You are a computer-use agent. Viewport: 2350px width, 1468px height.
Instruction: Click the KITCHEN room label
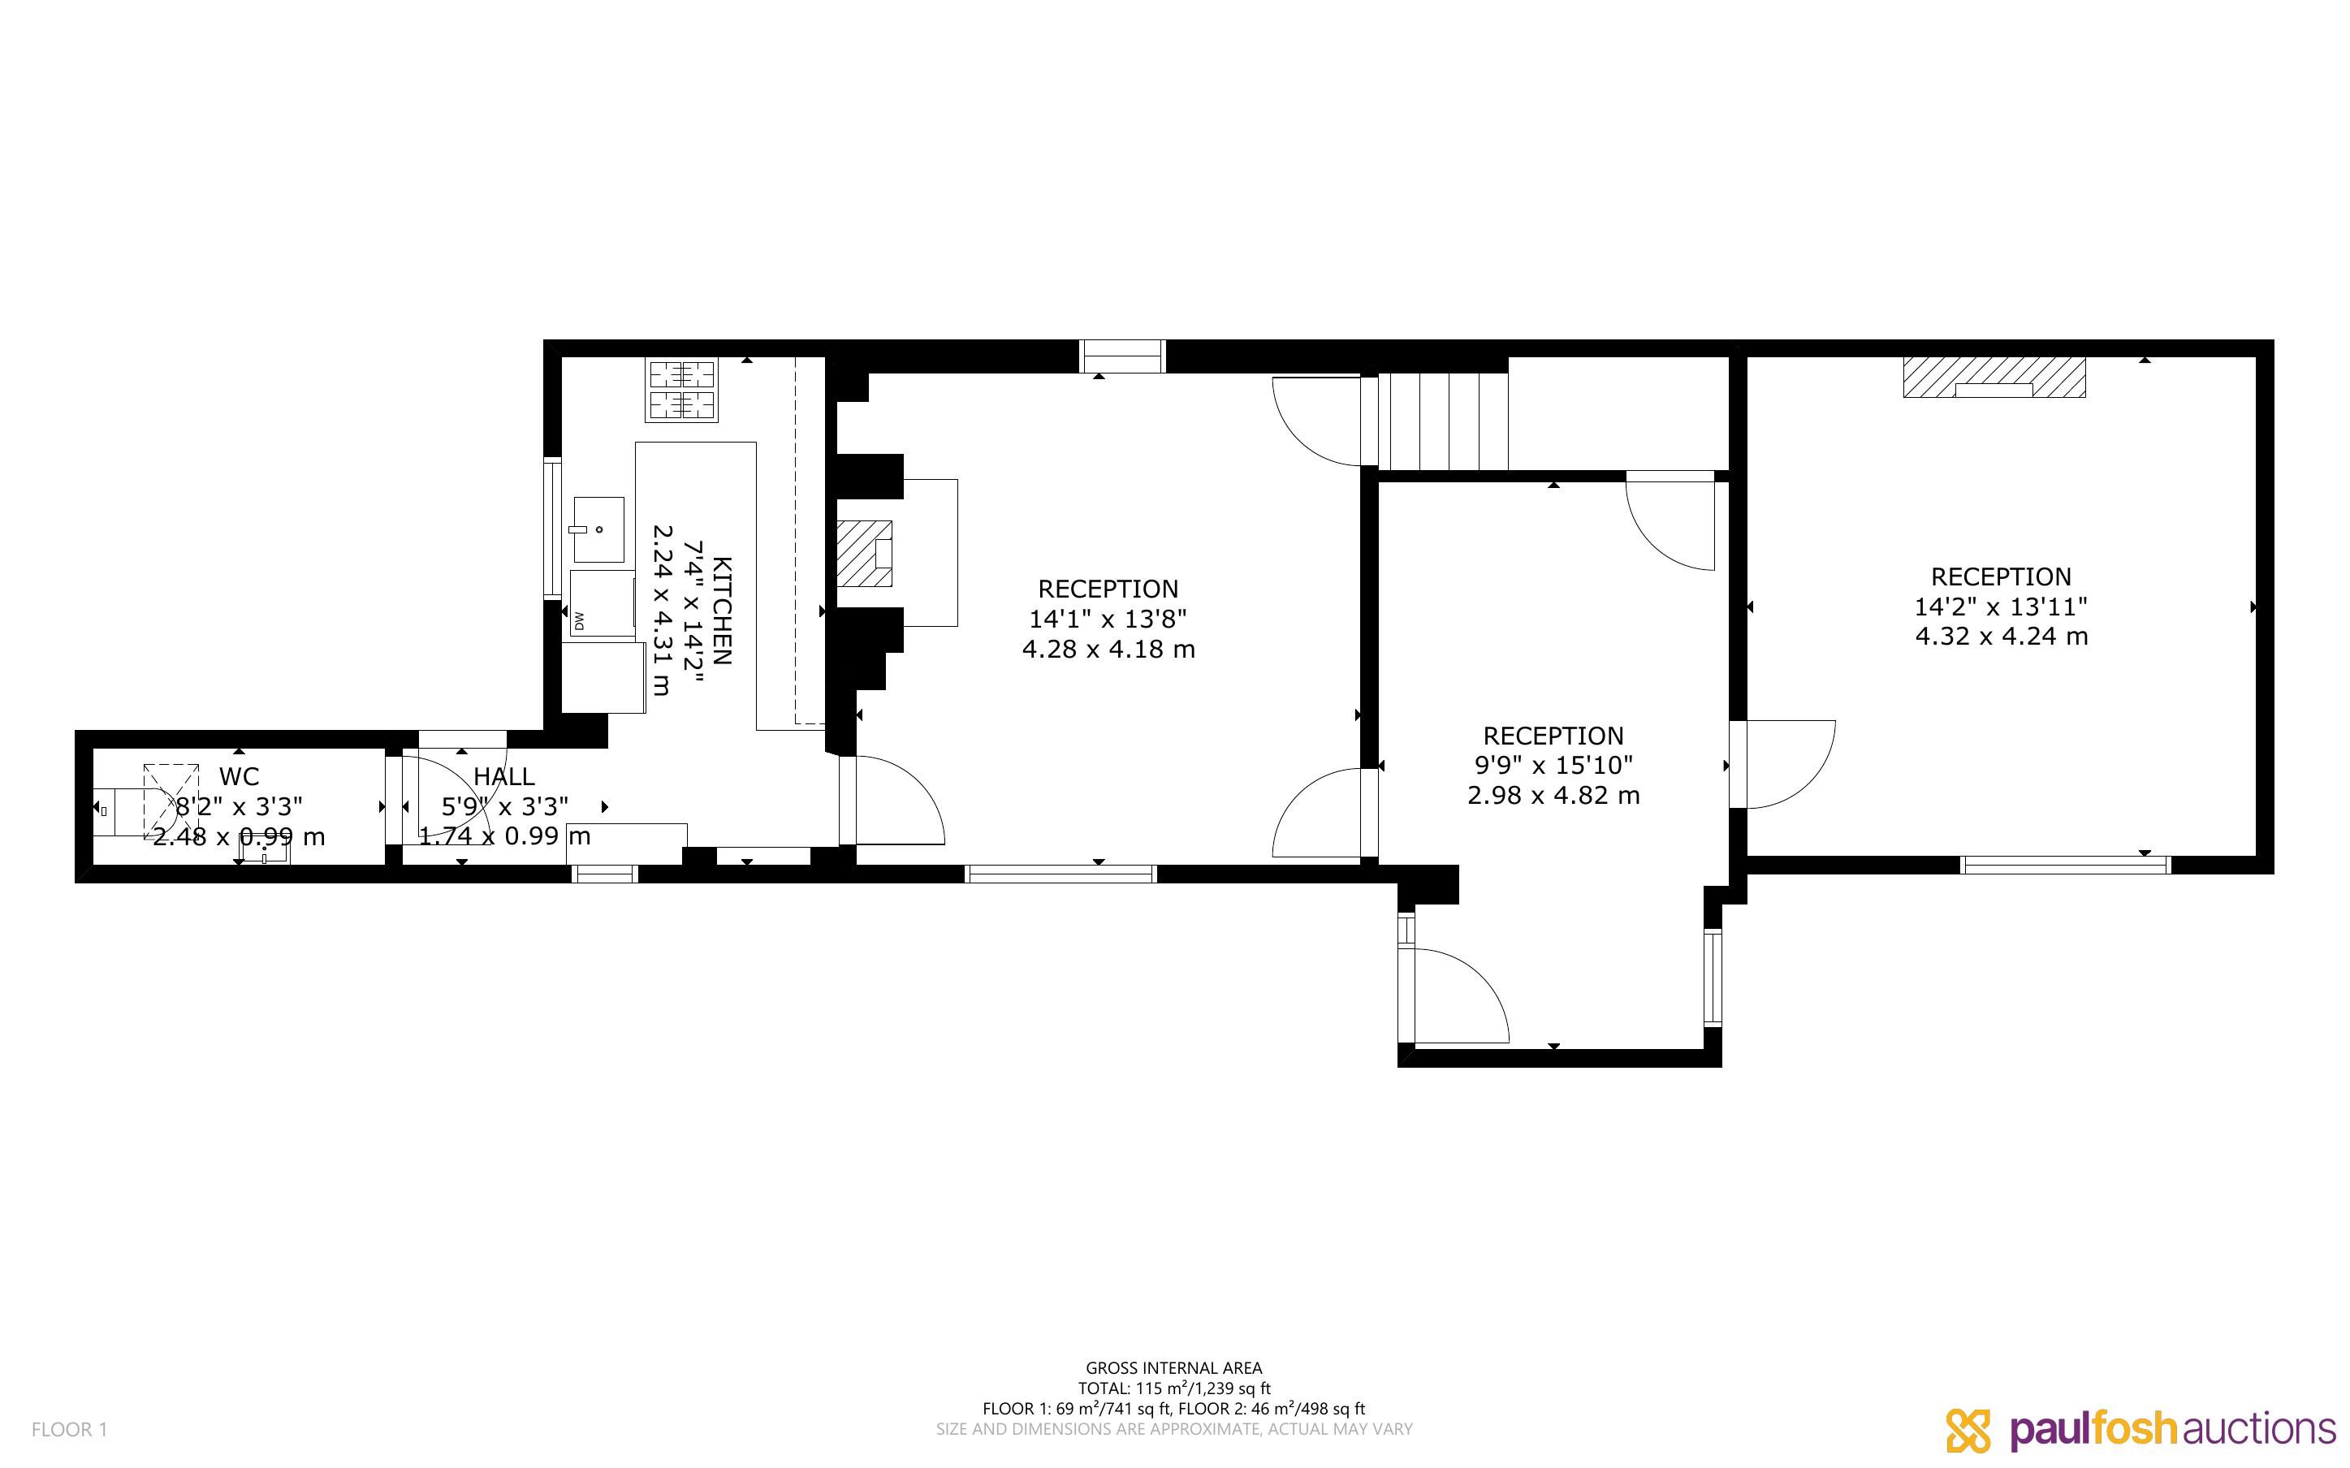pyautogui.click(x=722, y=611)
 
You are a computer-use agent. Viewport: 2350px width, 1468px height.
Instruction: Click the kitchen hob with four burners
pyautogui.click(x=682, y=390)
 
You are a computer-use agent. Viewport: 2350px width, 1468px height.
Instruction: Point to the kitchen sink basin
pyautogui.click(x=598, y=529)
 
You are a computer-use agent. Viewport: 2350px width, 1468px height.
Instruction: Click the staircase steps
pyautogui.click(x=1444, y=422)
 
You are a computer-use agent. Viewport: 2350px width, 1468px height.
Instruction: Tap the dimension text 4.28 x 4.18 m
pyautogui.click(x=1108, y=649)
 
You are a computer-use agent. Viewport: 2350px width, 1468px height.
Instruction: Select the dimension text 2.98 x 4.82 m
pyautogui.click(x=1553, y=795)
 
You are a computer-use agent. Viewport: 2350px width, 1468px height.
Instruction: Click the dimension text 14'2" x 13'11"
pyautogui.click(x=2001, y=607)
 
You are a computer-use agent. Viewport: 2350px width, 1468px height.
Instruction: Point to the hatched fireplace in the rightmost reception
pyautogui.click(x=1994, y=377)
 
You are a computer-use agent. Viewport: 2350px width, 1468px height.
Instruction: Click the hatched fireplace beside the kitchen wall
pyautogui.click(x=865, y=554)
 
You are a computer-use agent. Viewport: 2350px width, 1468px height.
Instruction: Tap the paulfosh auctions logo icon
pyautogui.click(x=1968, y=1430)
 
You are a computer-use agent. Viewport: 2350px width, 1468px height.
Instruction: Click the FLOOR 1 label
pyautogui.click(x=70, y=1429)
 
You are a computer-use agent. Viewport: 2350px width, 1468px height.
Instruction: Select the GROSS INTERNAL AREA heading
pyautogui.click(x=1173, y=1368)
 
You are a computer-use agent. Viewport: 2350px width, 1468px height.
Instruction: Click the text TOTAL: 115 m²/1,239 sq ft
pyautogui.click(x=1173, y=1388)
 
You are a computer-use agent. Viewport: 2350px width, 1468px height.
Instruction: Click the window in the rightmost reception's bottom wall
pyautogui.click(x=2066, y=864)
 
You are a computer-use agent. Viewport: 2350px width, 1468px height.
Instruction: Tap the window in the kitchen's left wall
pyautogui.click(x=552, y=527)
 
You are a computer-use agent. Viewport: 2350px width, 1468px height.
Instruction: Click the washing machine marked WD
pyautogui.click(x=603, y=604)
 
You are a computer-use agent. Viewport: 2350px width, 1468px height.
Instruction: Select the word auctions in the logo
pyautogui.click(x=2259, y=1429)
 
